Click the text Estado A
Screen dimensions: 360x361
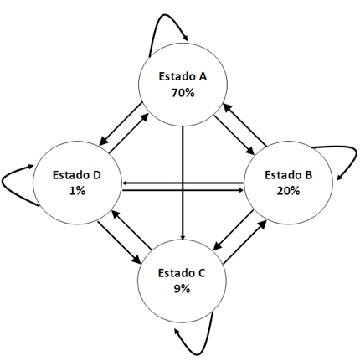point(183,76)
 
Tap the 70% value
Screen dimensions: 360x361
point(183,93)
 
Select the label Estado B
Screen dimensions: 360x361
point(288,175)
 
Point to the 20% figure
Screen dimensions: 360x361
point(288,191)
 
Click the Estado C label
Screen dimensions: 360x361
point(182,273)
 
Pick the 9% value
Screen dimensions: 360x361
point(182,289)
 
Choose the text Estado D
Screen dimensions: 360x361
point(77,175)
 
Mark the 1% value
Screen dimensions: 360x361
point(77,191)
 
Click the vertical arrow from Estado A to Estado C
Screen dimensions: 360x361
point(183,183)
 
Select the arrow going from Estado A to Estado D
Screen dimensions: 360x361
point(121,124)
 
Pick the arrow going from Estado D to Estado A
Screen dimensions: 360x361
point(129,133)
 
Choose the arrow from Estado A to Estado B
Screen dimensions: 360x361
point(234,135)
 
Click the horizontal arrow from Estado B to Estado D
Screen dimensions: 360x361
point(183,183)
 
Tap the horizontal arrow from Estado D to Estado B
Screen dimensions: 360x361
point(183,190)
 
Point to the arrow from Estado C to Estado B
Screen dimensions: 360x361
point(244,242)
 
